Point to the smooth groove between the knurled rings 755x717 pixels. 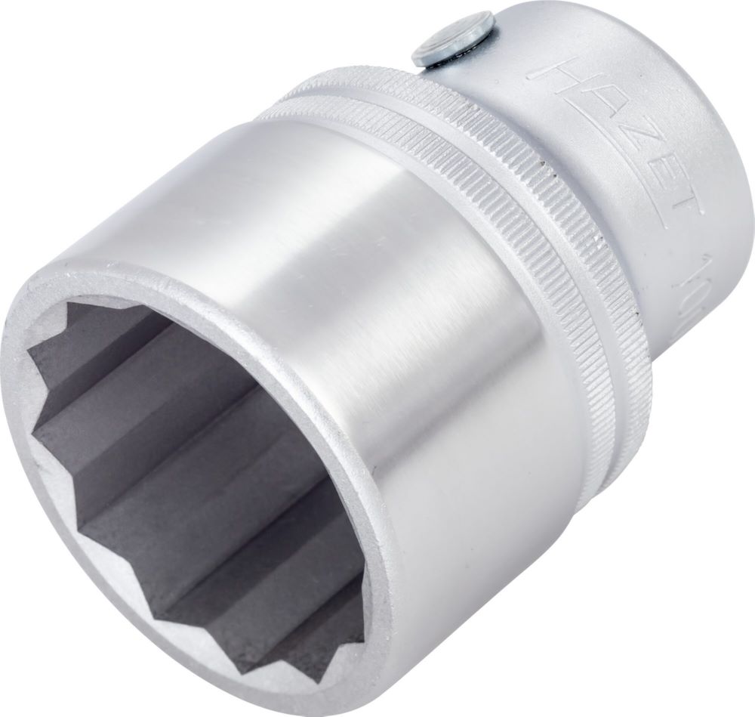tap(528, 212)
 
